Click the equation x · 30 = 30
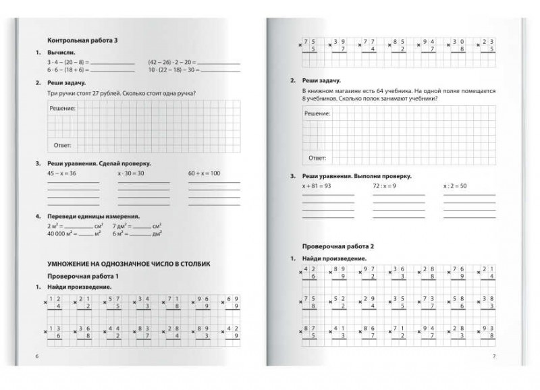(131, 174)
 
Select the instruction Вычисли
(62, 52)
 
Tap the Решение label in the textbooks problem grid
(317, 115)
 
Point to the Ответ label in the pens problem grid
(61, 145)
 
